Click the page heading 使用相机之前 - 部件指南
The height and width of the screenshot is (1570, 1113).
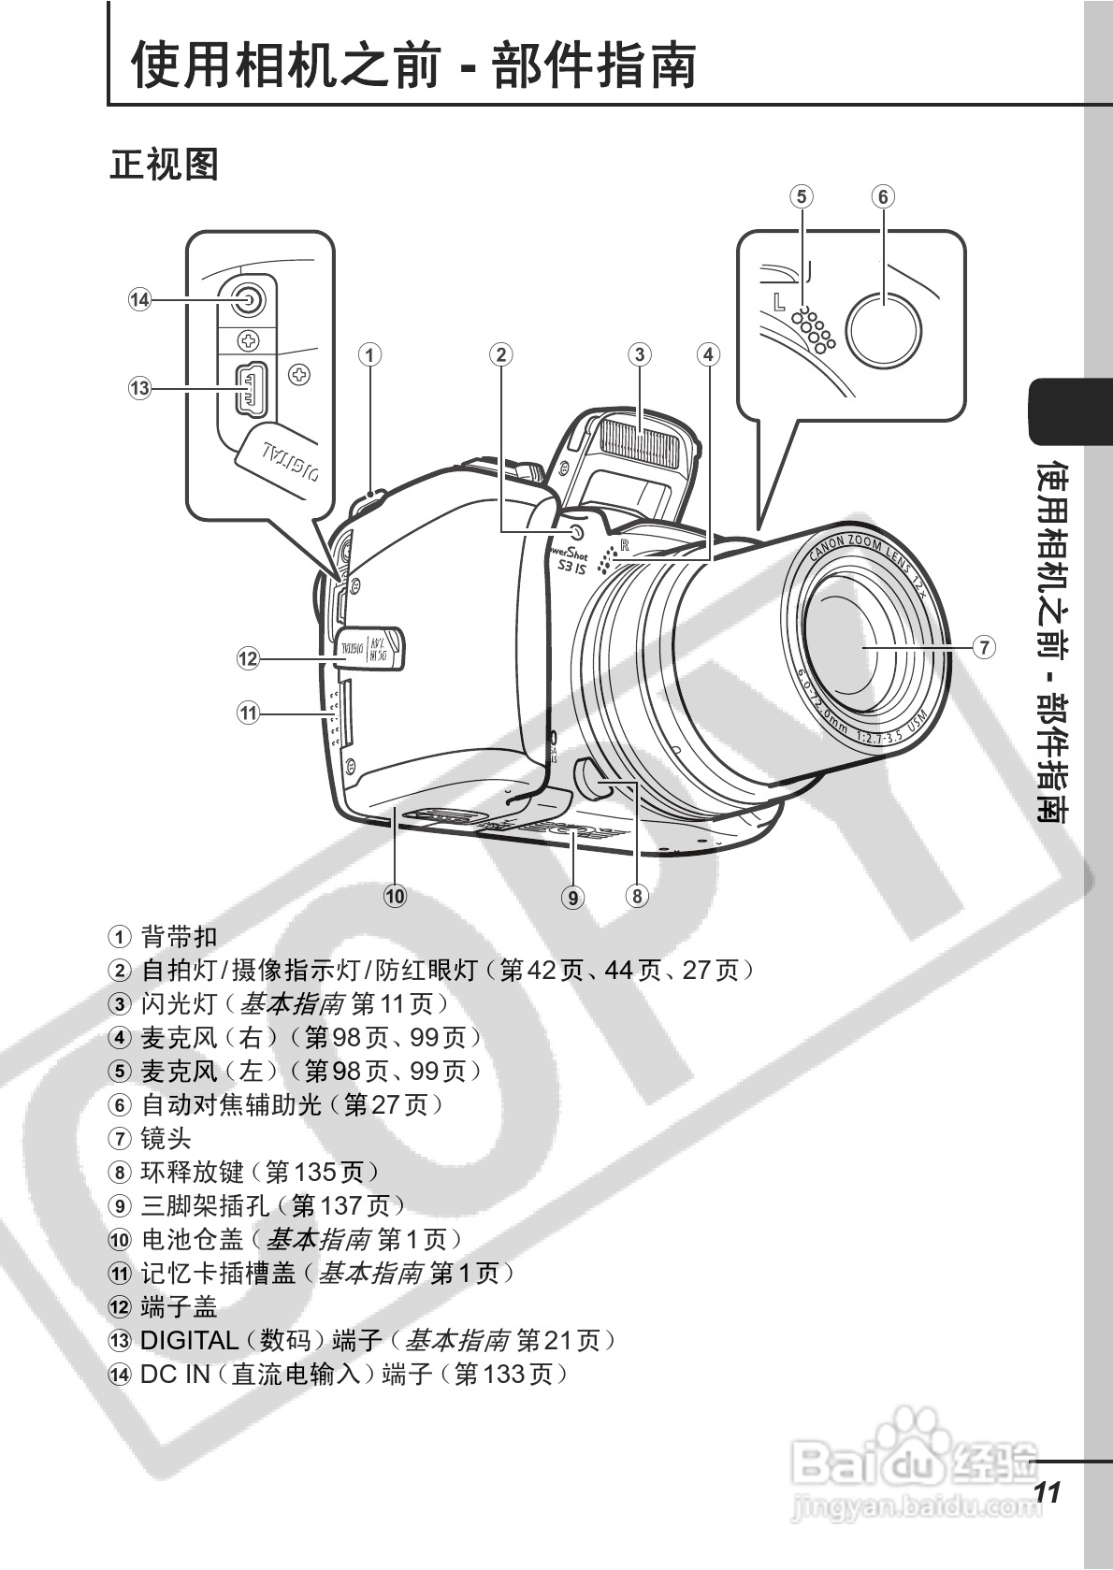[413, 64]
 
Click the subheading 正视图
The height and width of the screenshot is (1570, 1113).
[164, 165]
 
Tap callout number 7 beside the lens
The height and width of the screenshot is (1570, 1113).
[983, 646]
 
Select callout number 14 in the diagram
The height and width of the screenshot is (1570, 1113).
[139, 299]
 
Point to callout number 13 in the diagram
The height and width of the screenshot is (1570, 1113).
[139, 387]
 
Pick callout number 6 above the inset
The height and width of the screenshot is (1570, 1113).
[883, 196]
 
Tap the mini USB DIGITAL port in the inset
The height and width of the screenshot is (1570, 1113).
[251, 387]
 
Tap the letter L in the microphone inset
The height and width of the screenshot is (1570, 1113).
[779, 302]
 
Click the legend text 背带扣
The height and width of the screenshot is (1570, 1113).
[179, 936]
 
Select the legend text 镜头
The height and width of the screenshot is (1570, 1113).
[166, 1138]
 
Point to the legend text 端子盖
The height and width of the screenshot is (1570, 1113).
[179, 1306]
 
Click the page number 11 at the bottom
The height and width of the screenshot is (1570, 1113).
[1048, 1491]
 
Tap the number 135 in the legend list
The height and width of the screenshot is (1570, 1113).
[315, 1172]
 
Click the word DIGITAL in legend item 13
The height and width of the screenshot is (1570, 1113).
[189, 1340]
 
